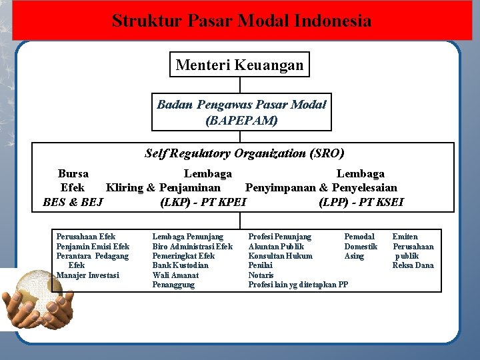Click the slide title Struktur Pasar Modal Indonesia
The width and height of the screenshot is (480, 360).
241,21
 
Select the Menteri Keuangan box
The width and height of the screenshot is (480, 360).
239,65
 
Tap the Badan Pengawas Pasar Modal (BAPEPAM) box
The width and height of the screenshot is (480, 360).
241,113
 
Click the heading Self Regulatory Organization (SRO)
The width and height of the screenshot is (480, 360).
244,153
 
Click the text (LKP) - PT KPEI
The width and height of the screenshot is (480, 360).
203,201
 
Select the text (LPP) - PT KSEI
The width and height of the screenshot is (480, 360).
361,201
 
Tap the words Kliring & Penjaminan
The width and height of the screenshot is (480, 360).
163,187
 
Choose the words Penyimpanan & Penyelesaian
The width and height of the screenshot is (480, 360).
321,187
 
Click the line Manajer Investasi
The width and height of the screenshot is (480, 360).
87,275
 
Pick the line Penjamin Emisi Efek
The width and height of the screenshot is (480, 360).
93,247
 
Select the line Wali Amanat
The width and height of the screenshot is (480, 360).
175,275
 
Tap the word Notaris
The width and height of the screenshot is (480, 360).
261,275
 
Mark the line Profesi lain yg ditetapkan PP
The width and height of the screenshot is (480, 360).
298,285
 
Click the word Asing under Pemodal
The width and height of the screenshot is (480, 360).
354,256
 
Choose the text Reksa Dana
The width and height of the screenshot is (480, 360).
413,265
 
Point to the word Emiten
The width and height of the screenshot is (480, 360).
405,237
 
